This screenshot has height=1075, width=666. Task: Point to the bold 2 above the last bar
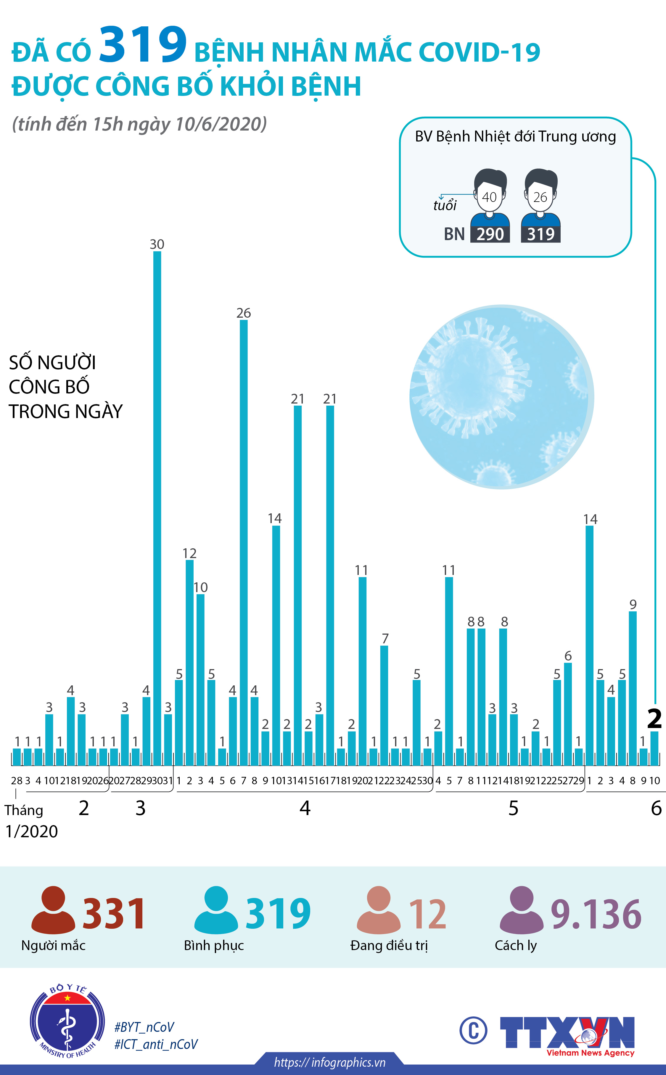[x=654, y=719]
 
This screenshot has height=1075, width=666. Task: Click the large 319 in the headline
[x=143, y=45]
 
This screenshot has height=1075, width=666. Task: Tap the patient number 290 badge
[x=490, y=234]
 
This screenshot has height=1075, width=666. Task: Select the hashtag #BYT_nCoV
[x=144, y=1027]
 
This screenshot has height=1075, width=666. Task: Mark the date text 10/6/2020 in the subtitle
[x=220, y=124]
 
